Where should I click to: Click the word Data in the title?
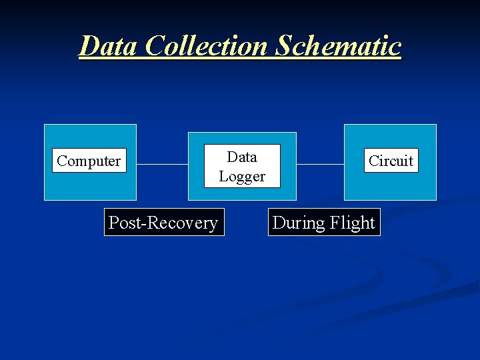(109, 45)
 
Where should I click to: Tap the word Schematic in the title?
(338, 45)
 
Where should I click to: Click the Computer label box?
(89, 161)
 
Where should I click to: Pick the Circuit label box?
(391, 161)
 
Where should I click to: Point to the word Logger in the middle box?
(242, 177)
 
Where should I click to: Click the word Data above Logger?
(242, 157)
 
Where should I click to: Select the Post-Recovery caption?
(163, 223)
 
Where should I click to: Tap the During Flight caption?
(324, 223)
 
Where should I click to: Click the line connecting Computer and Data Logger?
(162, 164)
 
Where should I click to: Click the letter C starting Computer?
(61, 161)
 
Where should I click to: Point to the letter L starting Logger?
(223, 177)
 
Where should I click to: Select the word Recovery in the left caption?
(184, 223)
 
